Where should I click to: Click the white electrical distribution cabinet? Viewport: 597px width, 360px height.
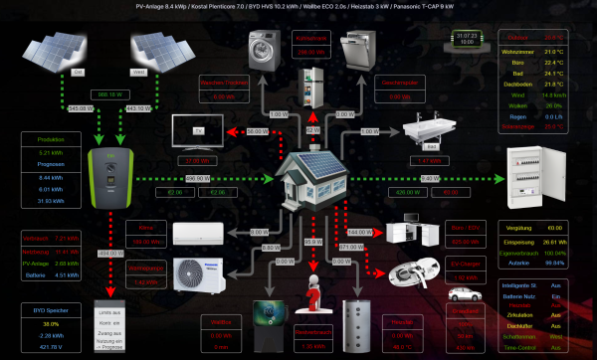535,172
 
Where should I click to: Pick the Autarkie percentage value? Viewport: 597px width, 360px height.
554,263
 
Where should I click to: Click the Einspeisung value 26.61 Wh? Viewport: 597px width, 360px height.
554,240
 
